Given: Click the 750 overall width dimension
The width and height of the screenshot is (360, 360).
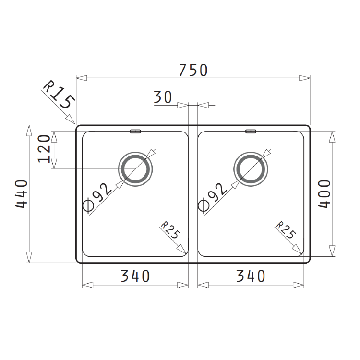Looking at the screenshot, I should tap(193, 70).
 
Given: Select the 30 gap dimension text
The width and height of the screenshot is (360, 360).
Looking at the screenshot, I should tap(163, 97).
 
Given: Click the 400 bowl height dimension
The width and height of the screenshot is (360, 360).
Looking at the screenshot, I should tap(325, 194).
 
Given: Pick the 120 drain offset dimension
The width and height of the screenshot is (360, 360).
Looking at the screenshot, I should tap(44, 149).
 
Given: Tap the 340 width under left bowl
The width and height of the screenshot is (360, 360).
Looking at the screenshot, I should tap(135, 276).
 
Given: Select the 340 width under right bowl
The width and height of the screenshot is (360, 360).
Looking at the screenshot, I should tap(251, 276).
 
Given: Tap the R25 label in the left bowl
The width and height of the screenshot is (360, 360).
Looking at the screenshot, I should tap(170, 230).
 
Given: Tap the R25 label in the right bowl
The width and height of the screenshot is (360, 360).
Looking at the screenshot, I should tap(285, 230).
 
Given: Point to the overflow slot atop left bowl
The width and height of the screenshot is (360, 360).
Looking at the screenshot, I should tap(135, 131).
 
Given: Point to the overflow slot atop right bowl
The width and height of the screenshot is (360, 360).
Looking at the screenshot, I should tap(251, 131).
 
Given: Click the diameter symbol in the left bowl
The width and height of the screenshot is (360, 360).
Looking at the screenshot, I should tap(88, 205).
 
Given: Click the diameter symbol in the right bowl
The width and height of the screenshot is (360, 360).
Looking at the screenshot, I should tap(203, 205).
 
